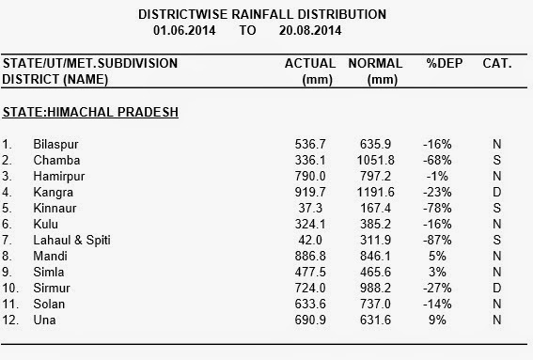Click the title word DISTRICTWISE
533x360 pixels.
tap(183, 15)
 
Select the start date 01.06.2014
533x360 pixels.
tap(184, 31)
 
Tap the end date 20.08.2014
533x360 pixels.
tap(310, 31)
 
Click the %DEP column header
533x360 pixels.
tap(445, 63)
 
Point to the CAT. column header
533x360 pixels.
tap(497, 63)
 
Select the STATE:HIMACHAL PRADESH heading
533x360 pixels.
tap(90, 112)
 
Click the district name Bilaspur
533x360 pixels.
tap(55, 145)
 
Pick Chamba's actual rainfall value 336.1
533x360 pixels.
tap(310, 160)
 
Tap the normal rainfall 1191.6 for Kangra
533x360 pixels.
tap(375, 192)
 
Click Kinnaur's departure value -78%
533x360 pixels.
tap(437, 208)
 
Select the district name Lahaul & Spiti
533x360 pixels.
tap(71, 240)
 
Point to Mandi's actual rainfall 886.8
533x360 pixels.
tap(310, 256)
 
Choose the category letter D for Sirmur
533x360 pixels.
tap(497, 288)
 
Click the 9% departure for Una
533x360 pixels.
tap(437, 320)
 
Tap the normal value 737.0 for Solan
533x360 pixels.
tap(375, 304)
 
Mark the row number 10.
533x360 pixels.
tap(10, 288)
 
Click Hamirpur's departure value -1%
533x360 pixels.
tap(437, 176)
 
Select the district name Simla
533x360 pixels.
tap(49, 272)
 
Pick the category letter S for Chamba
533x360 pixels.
tap(497, 160)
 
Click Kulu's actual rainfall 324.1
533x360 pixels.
tap(310, 224)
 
